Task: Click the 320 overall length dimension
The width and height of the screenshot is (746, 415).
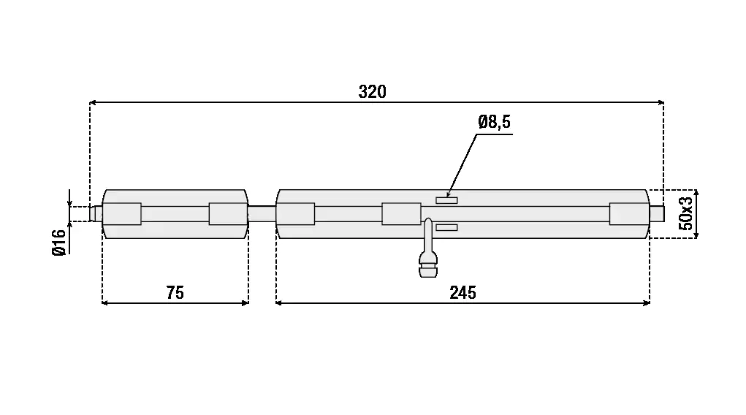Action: pos(372,91)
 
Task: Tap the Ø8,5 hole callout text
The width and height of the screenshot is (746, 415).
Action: pos(495,122)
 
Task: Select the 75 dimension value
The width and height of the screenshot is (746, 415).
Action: pos(175,293)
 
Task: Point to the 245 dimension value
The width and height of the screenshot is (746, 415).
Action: pos(463,293)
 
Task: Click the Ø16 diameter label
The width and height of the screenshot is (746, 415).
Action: pos(59,243)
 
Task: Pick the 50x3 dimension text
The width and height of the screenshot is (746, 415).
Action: pos(685,213)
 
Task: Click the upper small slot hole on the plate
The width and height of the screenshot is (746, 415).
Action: pos(446,200)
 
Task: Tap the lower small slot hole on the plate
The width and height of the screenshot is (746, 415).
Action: pos(446,227)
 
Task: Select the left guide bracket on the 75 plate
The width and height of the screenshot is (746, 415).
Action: pos(122,213)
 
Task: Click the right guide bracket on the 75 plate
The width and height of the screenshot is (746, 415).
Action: pos(229,213)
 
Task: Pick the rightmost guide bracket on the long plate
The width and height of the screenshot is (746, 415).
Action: pos(629,213)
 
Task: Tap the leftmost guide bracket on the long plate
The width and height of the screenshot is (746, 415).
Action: pos(295,213)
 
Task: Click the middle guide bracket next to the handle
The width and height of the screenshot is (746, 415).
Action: pos(401,213)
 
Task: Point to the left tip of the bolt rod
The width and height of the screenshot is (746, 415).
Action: pos(90,213)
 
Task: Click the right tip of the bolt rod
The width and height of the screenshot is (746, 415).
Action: pos(664,213)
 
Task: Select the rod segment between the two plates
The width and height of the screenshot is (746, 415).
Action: pos(262,213)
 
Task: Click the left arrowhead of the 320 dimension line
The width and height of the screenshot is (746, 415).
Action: pos(93,102)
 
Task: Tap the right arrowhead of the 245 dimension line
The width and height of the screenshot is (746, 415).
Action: pos(647,302)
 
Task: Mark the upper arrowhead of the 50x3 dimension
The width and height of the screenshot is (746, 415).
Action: pos(696,193)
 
